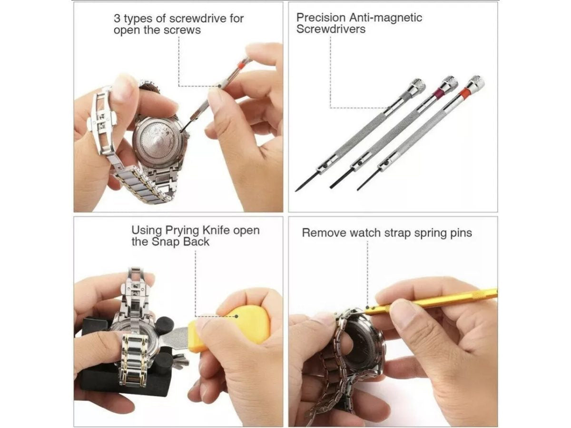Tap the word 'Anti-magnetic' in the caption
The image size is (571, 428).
[385, 18]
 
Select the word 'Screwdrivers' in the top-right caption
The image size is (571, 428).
[331, 29]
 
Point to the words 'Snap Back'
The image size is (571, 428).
[180, 242]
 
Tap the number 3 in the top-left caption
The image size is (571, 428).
[117, 19]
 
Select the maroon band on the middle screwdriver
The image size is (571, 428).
[439, 92]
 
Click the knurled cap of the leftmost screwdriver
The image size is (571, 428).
[418, 85]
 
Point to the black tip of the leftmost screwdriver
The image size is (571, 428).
[306, 182]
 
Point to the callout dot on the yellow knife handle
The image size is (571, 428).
[236, 316]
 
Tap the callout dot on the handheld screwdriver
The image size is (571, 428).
[220, 86]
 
